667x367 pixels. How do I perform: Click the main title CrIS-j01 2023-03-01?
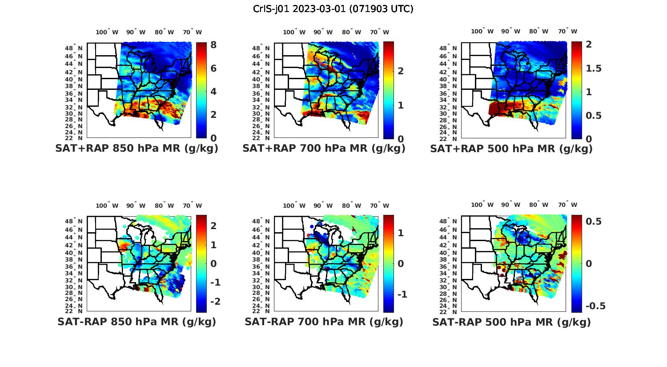(x=333, y=8)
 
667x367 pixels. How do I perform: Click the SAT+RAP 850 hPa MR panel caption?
(x=137, y=149)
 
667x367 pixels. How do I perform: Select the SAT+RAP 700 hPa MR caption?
(x=324, y=149)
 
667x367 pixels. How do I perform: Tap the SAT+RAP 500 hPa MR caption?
(x=511, y=149)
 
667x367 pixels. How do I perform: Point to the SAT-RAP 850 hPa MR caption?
(x=137, y=322)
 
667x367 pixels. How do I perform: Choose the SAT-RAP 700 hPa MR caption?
(x=324, y=322)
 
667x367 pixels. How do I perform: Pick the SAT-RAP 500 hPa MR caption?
(x=511, y=322)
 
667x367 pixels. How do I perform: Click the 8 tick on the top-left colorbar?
(x=213, y=45)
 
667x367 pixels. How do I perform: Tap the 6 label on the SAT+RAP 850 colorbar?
(x=213, y=68)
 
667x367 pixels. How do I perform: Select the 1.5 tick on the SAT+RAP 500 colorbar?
(x=594, y=68)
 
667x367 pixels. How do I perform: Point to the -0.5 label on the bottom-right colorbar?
(x=595, y=306)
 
